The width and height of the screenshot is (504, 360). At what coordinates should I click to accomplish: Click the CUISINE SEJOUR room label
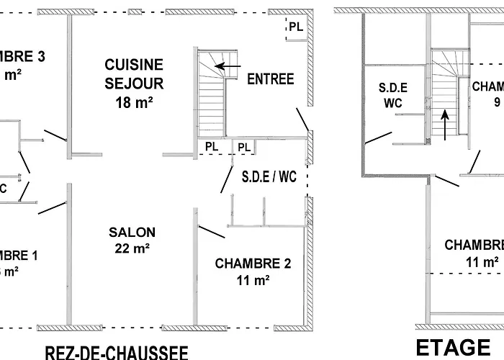point(133,74)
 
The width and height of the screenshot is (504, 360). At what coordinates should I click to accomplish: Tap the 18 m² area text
point(133,102)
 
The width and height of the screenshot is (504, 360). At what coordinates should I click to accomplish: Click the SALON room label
point(132,233)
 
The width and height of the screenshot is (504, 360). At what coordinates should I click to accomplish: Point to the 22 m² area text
point(132,249)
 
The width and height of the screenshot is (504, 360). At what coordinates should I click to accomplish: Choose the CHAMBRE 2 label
point(253,264)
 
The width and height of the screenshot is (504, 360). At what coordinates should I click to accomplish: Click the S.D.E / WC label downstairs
point(269,175)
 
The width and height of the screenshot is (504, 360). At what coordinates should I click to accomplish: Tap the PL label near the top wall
point(296,27)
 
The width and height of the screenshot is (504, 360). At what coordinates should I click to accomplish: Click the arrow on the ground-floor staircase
point(229,67)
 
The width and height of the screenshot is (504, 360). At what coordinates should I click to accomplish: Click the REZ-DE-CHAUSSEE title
point(117,352)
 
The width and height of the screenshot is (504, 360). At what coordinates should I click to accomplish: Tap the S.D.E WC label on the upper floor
point(393,96)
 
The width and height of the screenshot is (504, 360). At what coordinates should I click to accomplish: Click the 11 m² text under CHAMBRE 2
point(253,281)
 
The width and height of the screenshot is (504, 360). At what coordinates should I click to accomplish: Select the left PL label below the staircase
point(211,146)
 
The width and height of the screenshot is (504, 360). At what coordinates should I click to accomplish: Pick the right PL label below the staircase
point(244,147)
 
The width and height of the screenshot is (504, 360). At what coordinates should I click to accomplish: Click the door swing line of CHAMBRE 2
point(210,234)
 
